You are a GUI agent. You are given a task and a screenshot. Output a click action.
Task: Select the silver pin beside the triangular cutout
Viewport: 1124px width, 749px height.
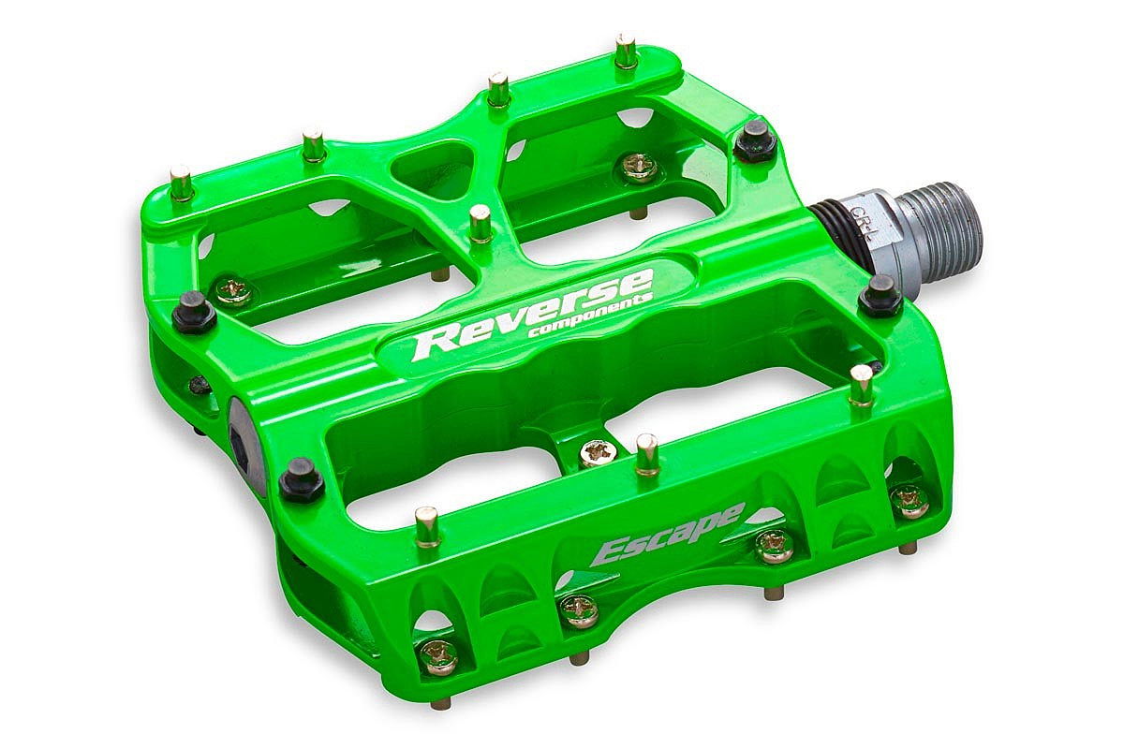[481, 223]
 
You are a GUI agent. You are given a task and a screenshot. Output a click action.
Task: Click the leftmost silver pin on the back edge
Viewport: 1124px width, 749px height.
[182, 183]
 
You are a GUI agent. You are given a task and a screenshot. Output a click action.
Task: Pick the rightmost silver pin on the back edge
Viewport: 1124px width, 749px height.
[626, 52]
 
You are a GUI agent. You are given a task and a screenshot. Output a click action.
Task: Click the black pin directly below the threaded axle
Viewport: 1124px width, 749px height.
[880, 295]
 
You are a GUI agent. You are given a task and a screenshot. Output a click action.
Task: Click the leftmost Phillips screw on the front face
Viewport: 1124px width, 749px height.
[437, 656]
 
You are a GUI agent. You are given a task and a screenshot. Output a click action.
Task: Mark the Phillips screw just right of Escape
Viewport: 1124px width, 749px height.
[775, 544]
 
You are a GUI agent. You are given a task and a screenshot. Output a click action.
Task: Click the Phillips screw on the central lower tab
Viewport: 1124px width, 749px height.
[595, 453]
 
